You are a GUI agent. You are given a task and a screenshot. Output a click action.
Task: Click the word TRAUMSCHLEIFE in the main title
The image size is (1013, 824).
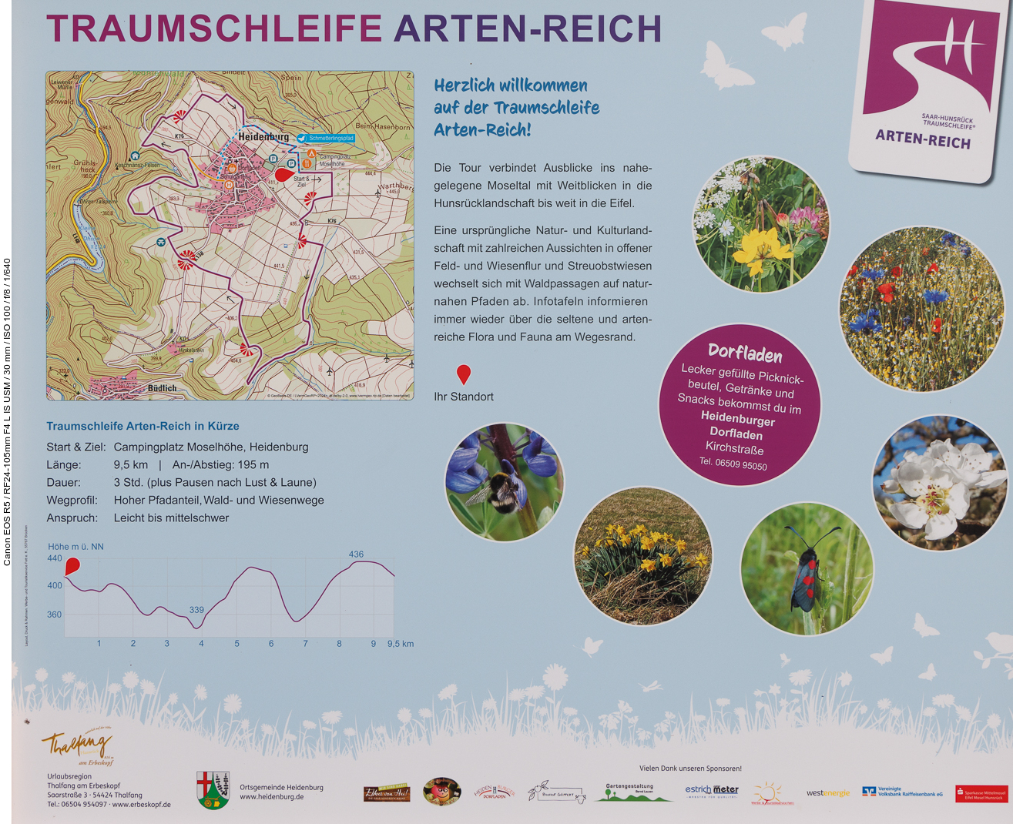(214, 28)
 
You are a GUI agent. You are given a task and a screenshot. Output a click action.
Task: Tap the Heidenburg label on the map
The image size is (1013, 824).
(263, 136)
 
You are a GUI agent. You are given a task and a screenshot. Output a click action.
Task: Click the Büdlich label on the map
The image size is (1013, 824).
(162, 388)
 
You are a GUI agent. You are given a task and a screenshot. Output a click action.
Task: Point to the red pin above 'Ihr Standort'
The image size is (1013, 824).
(463, 374)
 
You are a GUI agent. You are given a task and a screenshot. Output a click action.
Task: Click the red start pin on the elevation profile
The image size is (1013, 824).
(72, 567)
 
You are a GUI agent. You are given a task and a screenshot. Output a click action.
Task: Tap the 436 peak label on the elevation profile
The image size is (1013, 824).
(356, 554)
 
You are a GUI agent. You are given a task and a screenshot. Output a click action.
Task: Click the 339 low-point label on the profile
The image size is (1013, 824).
(196, 610)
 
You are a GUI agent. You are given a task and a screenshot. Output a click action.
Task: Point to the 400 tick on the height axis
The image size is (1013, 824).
(55, 585)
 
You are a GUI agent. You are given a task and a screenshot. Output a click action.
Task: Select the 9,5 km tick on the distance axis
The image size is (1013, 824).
(400, 644)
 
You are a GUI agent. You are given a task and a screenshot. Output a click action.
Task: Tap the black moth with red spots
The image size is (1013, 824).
(806, 570)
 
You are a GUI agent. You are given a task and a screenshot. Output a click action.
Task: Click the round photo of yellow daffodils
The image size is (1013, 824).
(642, 555)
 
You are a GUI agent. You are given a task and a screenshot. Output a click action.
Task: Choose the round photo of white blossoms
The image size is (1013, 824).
(939, 484)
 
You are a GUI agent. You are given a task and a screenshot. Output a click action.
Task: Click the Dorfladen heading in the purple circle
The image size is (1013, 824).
(745, 353)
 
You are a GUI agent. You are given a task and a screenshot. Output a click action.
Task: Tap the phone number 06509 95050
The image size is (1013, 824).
(733, 464)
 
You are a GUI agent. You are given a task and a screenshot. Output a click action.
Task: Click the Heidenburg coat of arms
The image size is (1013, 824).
(213, 790)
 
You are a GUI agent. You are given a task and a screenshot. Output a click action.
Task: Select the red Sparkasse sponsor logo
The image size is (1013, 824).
(981, 794)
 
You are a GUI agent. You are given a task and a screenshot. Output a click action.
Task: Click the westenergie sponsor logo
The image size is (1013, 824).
(828, 793)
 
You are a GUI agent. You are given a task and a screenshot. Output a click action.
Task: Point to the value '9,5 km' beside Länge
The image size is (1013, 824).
(131, 465)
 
